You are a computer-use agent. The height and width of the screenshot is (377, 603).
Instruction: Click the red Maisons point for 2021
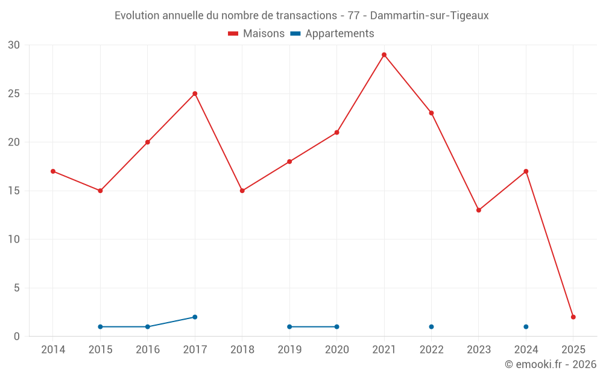[384, 55]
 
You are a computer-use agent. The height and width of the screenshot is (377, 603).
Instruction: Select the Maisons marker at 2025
[573, 317]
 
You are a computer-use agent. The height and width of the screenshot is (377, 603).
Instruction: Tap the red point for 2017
[195, 93]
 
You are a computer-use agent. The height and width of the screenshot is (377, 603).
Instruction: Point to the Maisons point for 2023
[479, 210]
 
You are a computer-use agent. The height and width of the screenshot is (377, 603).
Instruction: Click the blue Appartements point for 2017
[195, 317]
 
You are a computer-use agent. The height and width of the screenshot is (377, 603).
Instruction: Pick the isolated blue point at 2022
[431, 326]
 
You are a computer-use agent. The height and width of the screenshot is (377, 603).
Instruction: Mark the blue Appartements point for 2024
[526, 326]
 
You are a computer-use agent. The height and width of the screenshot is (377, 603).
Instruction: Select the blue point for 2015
[100, 326]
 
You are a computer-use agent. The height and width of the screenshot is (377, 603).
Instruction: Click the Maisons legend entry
[256, 34]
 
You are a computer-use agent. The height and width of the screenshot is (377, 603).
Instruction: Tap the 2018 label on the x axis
[242, 349]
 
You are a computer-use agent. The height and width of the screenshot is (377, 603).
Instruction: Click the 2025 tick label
[573, 349]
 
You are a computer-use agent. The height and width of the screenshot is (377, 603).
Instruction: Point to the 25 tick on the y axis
[14, 93]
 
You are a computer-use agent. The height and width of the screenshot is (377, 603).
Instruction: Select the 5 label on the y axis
[17, 288]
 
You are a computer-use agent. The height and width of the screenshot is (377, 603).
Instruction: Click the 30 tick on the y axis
[14, 45]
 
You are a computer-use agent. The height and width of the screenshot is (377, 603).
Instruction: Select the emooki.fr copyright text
[551, 364]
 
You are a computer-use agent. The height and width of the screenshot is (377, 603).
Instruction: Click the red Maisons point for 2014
[53, 171]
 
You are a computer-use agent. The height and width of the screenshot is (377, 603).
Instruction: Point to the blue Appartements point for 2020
[336, 326]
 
